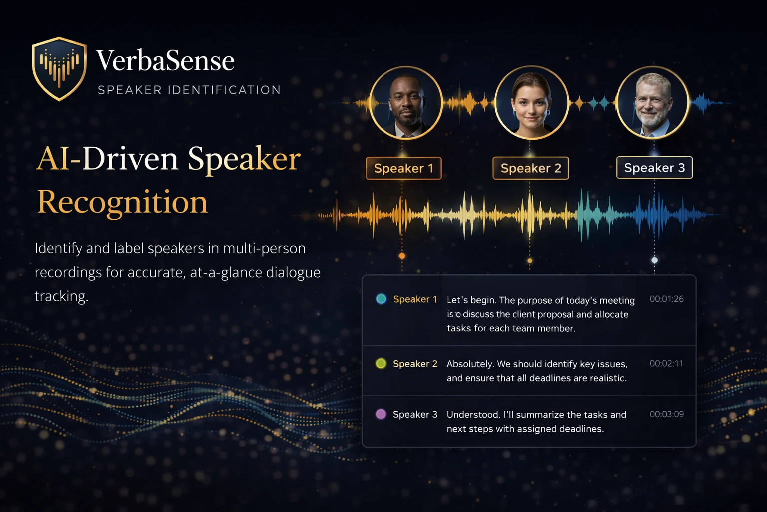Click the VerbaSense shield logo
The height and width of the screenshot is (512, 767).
59,68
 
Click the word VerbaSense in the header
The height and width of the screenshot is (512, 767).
165,61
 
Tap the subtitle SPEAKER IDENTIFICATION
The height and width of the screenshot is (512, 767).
189,90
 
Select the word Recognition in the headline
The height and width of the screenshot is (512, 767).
122,202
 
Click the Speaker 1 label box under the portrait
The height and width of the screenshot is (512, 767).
403,168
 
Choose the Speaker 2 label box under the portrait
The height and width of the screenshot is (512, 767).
531,168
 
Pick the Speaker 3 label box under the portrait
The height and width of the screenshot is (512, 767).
654,168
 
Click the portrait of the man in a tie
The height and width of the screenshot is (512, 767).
406,103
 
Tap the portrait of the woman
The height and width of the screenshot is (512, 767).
531,103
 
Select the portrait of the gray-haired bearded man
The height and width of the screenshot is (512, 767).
653,103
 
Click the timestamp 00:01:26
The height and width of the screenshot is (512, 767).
666,299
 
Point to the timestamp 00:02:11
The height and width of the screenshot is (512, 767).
666,363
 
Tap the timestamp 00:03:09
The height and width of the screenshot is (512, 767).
666,414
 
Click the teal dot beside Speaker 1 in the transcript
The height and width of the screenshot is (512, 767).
381,299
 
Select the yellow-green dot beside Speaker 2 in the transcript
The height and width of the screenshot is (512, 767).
381,363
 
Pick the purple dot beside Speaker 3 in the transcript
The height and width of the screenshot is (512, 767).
381,414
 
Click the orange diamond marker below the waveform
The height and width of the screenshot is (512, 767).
402,256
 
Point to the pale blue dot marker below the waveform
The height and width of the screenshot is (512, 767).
654,260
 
